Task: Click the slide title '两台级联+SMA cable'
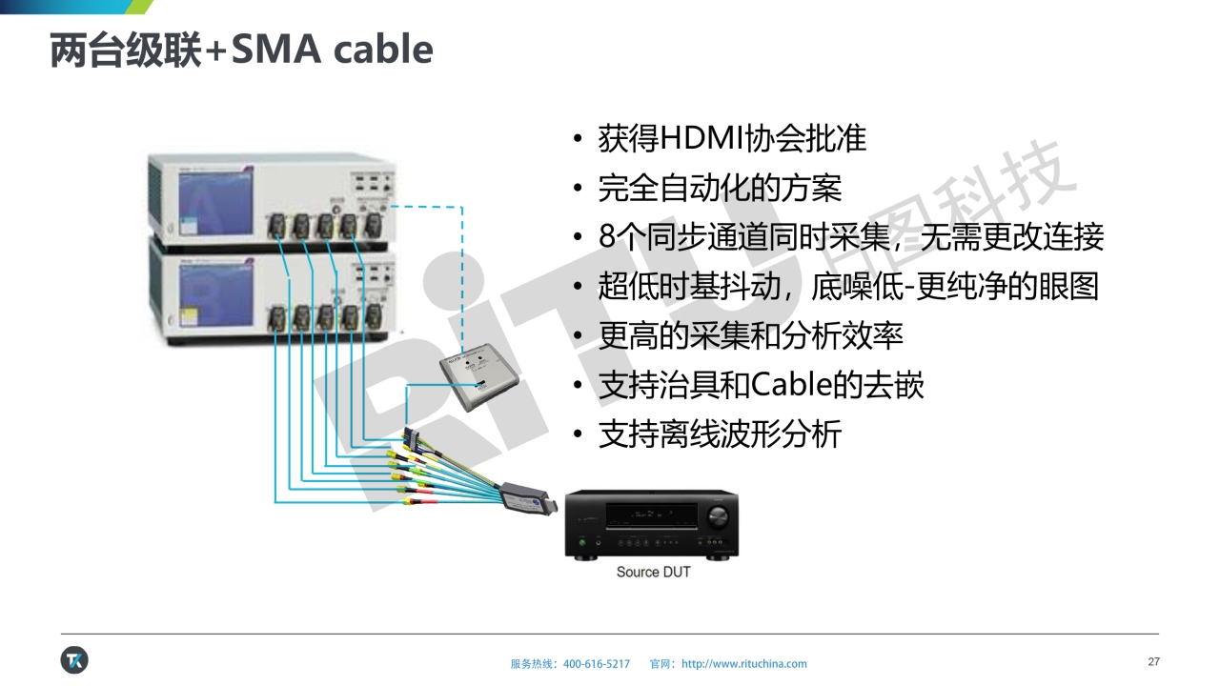(241, 50)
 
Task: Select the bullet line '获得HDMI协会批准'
(731, 138)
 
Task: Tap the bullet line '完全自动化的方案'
(720, 188)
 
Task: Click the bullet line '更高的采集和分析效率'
(750, 334)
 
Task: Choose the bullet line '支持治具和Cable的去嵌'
(761, 385)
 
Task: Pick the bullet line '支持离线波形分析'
(720, 434)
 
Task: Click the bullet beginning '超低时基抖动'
(848, 286)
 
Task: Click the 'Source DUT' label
(653, 572)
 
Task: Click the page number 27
(1153, 662)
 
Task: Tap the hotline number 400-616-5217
(597, 664)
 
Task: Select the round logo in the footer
(74, 659)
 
